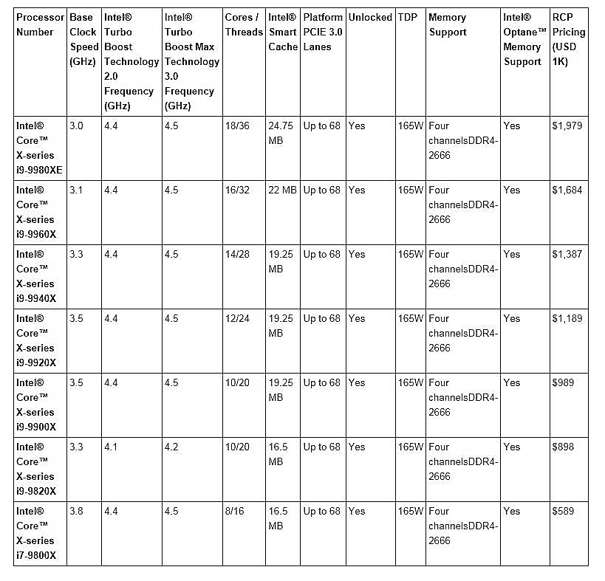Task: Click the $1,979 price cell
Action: click(x=567, y=126)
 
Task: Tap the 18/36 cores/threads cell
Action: click(x=237, y=126)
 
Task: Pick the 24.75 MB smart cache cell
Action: click(x=281, y=133)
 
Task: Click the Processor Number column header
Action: click(x=40, y=24)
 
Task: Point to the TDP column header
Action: click(x=406, y=17)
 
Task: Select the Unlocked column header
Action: click(x=370, y=17)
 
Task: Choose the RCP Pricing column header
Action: click(x=568, y=39)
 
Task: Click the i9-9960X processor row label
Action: click(x=36, y=212)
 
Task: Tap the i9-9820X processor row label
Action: click(x=36, y=469)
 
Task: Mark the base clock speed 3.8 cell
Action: click(x=76, y=512)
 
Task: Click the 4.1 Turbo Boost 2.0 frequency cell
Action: click(x=112, y=447)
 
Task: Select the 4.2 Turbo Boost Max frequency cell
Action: click(x=171, y=447)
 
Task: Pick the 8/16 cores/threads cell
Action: click(x=235, y=512)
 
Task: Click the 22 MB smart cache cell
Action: click(x=282, y=190)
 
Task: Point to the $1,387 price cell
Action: click(x=567, y=255)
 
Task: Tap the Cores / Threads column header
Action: click(x=244, y=24)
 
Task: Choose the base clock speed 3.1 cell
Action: click(x=76, y=190)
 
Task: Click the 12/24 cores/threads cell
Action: click(x=237, y=319)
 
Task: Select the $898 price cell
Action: click(x=563, y=447)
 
